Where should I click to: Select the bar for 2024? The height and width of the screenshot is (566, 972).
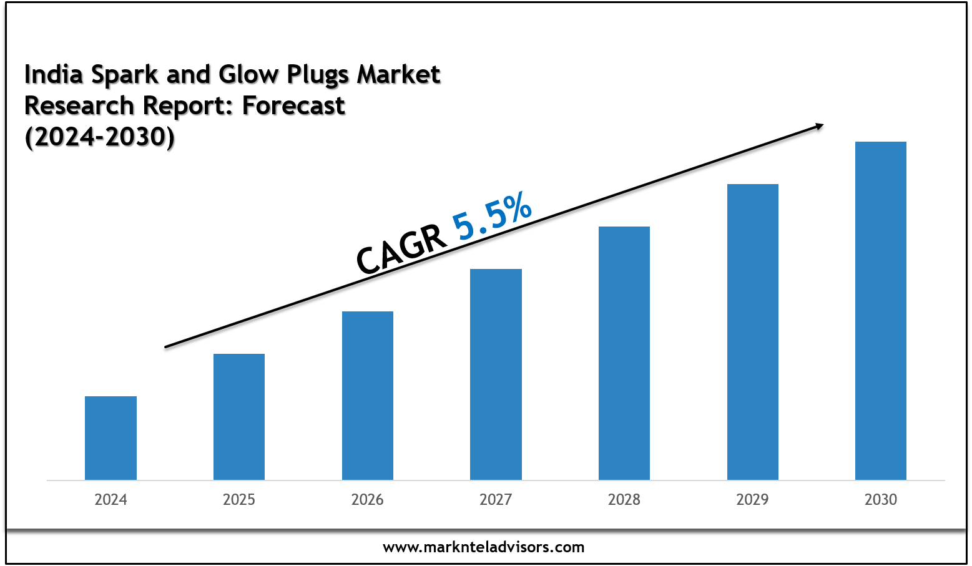point(110,438)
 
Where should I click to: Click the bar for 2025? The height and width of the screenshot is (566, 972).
point(239,417)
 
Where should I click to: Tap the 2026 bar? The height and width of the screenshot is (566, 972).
point(368,396)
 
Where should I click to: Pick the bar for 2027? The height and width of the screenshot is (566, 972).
point(496,374)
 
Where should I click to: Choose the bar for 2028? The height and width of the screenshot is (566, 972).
point(624,353)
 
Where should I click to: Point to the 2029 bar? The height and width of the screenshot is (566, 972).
point(753,332)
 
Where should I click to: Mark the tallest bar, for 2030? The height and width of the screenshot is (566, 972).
point(881,311)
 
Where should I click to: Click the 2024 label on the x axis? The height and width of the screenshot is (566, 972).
point(110,500)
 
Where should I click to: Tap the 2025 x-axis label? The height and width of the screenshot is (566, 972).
point(239,500)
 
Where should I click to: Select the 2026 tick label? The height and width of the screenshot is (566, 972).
point(368,500)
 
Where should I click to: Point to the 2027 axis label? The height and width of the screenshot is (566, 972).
point(496,500)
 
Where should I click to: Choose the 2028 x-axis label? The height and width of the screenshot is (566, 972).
point(624,500)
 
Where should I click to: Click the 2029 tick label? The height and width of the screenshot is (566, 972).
point(753,500)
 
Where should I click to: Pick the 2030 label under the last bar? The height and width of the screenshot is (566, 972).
point(881,500)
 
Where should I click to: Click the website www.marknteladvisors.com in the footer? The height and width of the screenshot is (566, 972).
point(483,547)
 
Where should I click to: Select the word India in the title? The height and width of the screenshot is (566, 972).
point(53,74)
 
